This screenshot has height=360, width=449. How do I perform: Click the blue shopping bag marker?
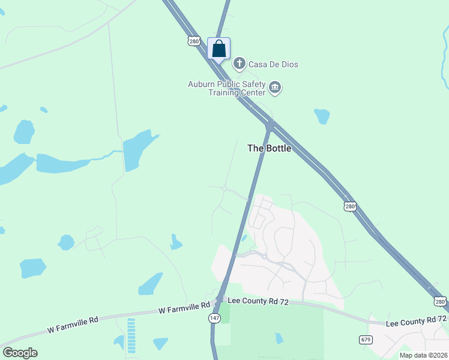[219, 49]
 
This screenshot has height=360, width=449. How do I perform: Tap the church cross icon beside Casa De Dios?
[240, 64]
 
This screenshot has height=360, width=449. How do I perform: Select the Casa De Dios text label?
[274, 64]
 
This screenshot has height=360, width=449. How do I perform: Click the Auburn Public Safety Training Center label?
[226, 88]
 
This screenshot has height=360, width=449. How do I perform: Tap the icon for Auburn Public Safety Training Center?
[275, 88]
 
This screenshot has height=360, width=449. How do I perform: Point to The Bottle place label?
[270, 148]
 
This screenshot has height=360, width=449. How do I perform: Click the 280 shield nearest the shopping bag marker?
[193, 41]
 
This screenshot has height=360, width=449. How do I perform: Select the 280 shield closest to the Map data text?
[440, 301]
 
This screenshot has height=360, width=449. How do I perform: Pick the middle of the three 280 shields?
[351, 206]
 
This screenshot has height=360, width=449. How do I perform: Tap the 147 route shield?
[215, 318]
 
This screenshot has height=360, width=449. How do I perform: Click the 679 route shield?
[365, 339]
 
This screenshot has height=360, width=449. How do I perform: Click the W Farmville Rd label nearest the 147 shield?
[184, 309]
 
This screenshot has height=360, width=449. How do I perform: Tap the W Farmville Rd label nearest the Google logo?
[73, 326]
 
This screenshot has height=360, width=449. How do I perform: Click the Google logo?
[20, 353]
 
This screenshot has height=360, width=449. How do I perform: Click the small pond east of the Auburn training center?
[322, 116]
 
